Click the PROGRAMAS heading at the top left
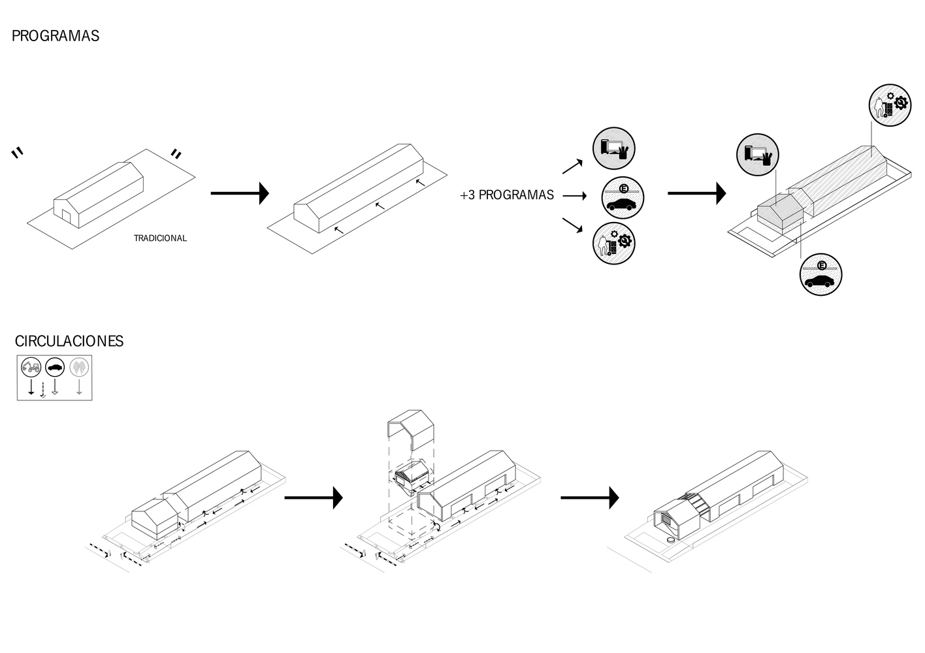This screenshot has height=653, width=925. click(x=56, y=36)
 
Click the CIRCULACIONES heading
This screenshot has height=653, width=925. click(x=69, y=341)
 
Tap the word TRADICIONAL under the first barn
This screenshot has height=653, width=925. click(x=160, y=238)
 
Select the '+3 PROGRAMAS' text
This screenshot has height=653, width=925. click(x=507, y=195)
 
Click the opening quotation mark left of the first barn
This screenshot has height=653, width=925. click(x=18, y=153)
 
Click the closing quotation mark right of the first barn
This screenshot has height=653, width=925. click(x=176, y=154)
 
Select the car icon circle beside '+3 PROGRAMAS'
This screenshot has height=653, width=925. click(x=622, y=197)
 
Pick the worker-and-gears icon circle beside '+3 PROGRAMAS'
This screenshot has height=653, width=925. click(x=614, y=243)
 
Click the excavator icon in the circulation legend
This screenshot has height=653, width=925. click(x=31, y=367)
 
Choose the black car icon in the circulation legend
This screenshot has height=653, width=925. click(x=55, y=367)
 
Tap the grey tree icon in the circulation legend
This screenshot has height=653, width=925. click(x=79, y=367)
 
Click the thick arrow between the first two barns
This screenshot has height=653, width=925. click(x=240, y=193)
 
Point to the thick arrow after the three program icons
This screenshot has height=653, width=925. click(x=696, y=193)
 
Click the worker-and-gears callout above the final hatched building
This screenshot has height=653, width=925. click(x=890, y=105)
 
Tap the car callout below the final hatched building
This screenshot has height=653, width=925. click(x=820, y=274)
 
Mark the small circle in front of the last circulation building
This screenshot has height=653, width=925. click(x=670, y=541)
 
